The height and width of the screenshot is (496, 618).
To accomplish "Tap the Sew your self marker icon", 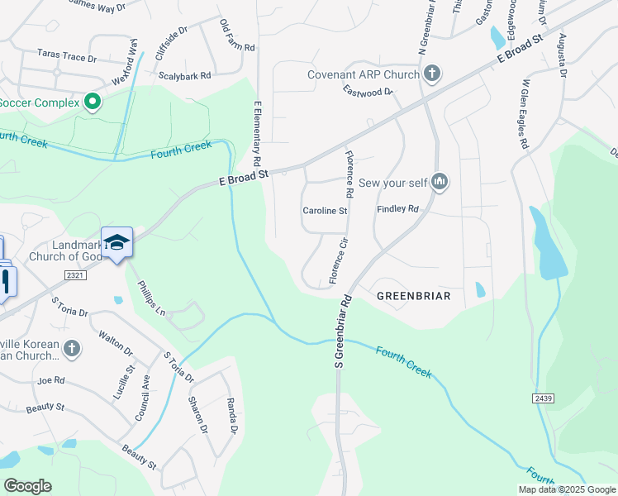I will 440,182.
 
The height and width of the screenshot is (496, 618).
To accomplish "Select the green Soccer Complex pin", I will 93,103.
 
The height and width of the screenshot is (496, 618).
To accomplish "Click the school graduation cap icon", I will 116,242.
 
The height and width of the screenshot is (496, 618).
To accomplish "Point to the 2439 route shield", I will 543,398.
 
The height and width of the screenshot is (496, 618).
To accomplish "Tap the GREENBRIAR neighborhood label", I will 413,295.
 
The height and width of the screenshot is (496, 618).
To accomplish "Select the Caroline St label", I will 325,211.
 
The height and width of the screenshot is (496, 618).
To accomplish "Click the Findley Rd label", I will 398,210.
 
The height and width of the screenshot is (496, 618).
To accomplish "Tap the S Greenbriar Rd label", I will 339,331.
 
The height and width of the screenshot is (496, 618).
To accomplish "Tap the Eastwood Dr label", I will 368,93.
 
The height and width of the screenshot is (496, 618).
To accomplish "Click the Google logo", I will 27,486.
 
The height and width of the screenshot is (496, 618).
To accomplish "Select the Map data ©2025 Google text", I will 566,489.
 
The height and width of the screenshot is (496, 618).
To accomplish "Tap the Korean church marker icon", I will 72,349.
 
